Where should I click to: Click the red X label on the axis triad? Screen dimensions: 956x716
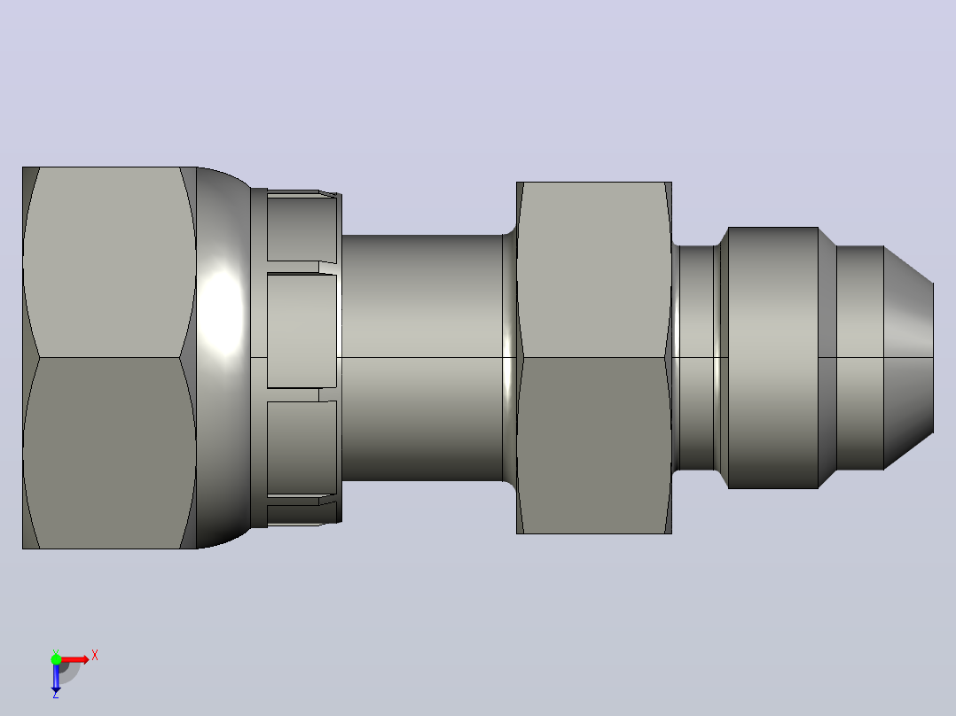click(x=95, y=656)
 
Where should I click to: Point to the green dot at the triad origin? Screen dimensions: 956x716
click(x=56, y=659)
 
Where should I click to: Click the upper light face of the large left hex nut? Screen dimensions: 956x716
click(x=110, y=262)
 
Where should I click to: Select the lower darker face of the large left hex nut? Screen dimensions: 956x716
click(x=110, y=453)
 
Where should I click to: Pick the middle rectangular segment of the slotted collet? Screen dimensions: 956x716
click(x=302, y=331)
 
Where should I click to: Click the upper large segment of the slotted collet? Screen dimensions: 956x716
click(x=302, y=227)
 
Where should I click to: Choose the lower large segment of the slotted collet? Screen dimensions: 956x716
click(x=302, y=447)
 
